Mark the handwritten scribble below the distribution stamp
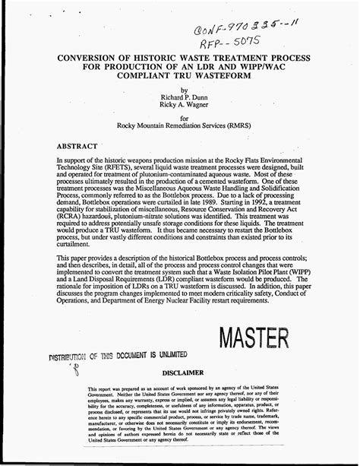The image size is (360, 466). (x=74, y=370)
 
